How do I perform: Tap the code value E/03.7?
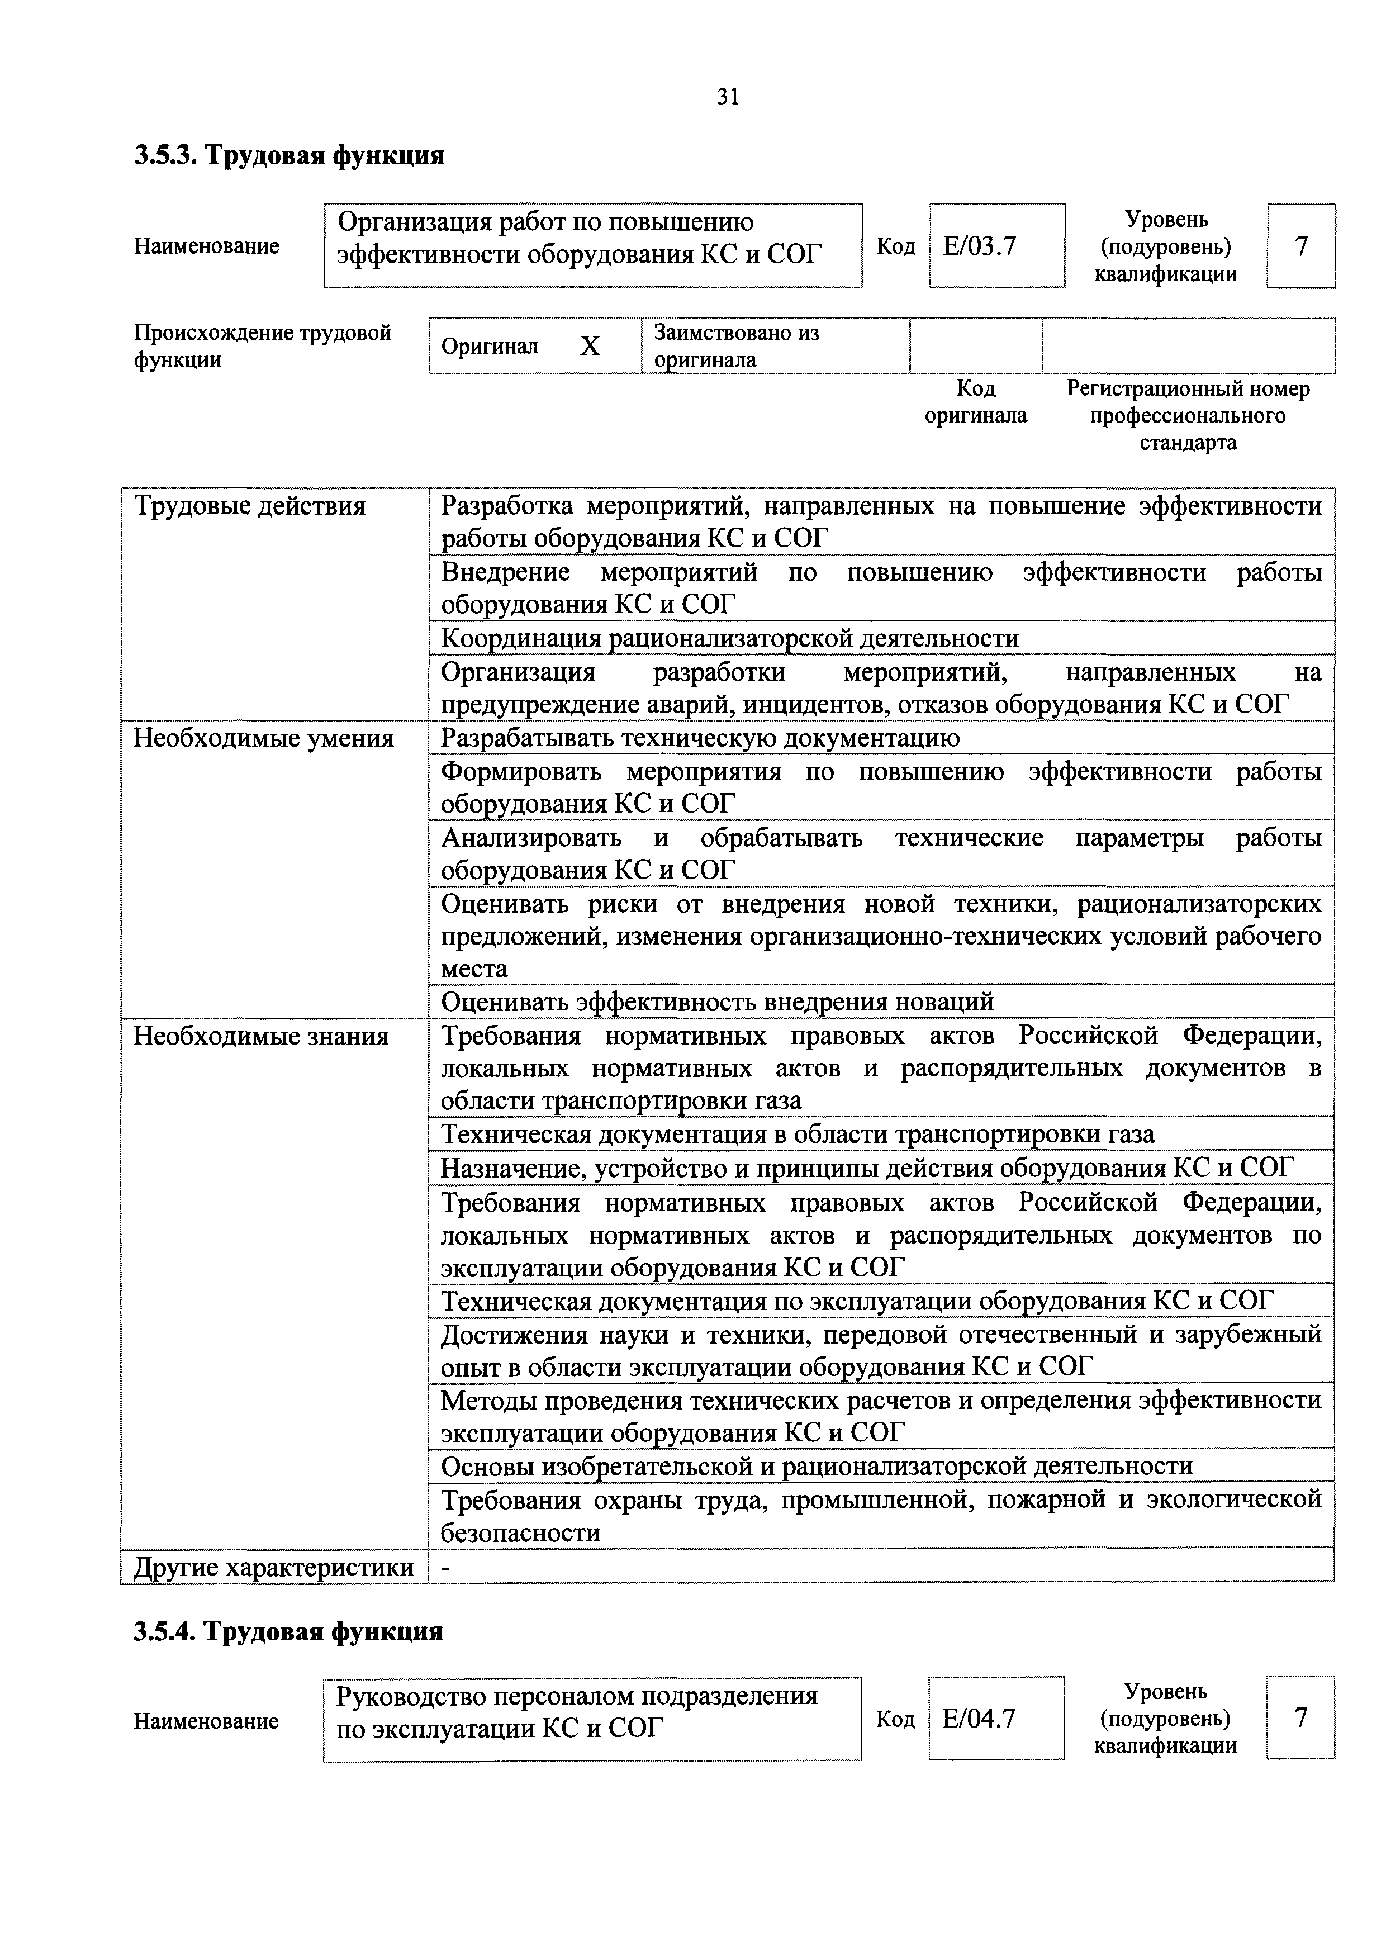979,246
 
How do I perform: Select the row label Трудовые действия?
249,507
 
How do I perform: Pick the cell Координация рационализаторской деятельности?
730,639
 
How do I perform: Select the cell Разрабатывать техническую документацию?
700,738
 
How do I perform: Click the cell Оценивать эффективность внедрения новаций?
717,1002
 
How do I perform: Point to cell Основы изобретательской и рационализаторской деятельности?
817,1466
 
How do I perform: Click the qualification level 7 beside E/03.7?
1300,246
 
